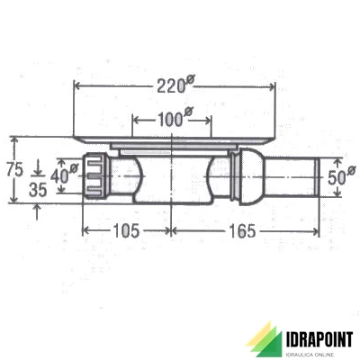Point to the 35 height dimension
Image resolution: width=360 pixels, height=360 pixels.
point(37,190)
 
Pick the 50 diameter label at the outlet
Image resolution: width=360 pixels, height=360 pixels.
point(336,176)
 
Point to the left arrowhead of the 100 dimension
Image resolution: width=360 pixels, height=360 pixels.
point(135,119)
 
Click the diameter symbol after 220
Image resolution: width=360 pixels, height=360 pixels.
point(190,82)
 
